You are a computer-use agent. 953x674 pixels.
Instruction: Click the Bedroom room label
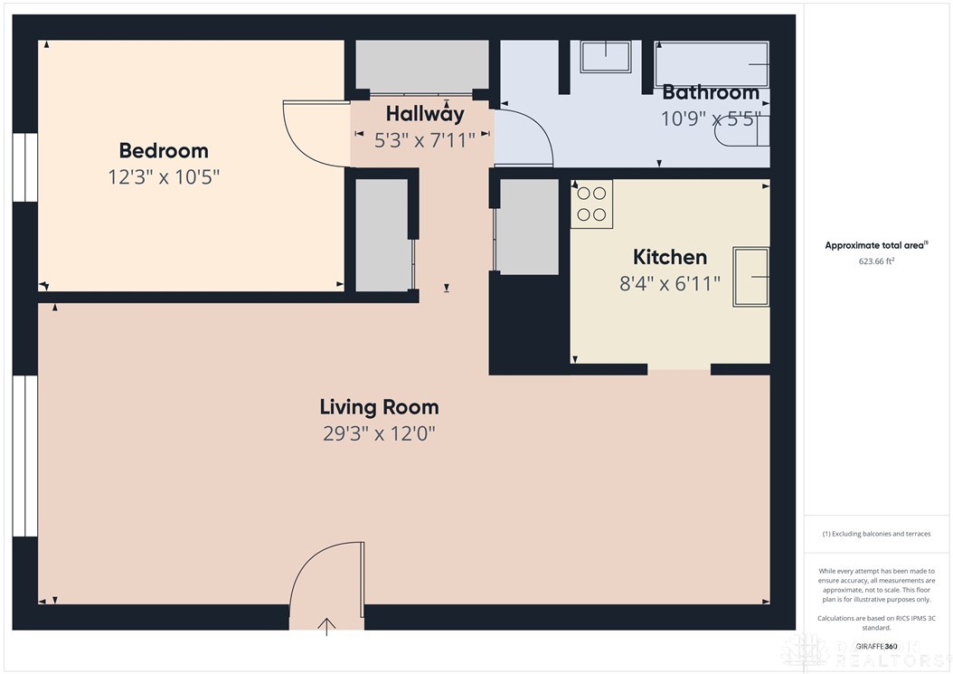[x=164, y=150]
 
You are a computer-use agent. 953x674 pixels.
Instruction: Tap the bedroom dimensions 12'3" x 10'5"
[x=164, y=176]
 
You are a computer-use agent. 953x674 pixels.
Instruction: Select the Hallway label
[x=424, y=114]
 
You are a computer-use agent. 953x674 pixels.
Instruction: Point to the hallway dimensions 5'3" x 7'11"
[x=420, y=139]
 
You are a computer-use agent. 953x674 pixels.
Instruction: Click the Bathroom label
[x=711, y=92]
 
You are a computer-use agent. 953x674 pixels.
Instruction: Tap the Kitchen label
[x=669, y=257]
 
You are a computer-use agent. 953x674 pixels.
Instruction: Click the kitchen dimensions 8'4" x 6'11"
[x=669, y=283]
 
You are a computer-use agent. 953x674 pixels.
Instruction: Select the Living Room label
[x=379, y=407]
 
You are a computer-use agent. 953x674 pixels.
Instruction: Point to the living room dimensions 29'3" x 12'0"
[x=379, y=433]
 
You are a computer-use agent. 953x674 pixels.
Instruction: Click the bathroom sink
[x=606, y=56]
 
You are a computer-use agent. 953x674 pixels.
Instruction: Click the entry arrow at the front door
[x=326, y=625]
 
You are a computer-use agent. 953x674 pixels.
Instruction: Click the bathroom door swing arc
[x=533, y=136]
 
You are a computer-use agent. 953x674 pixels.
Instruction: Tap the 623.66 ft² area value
[x=875, y=261]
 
